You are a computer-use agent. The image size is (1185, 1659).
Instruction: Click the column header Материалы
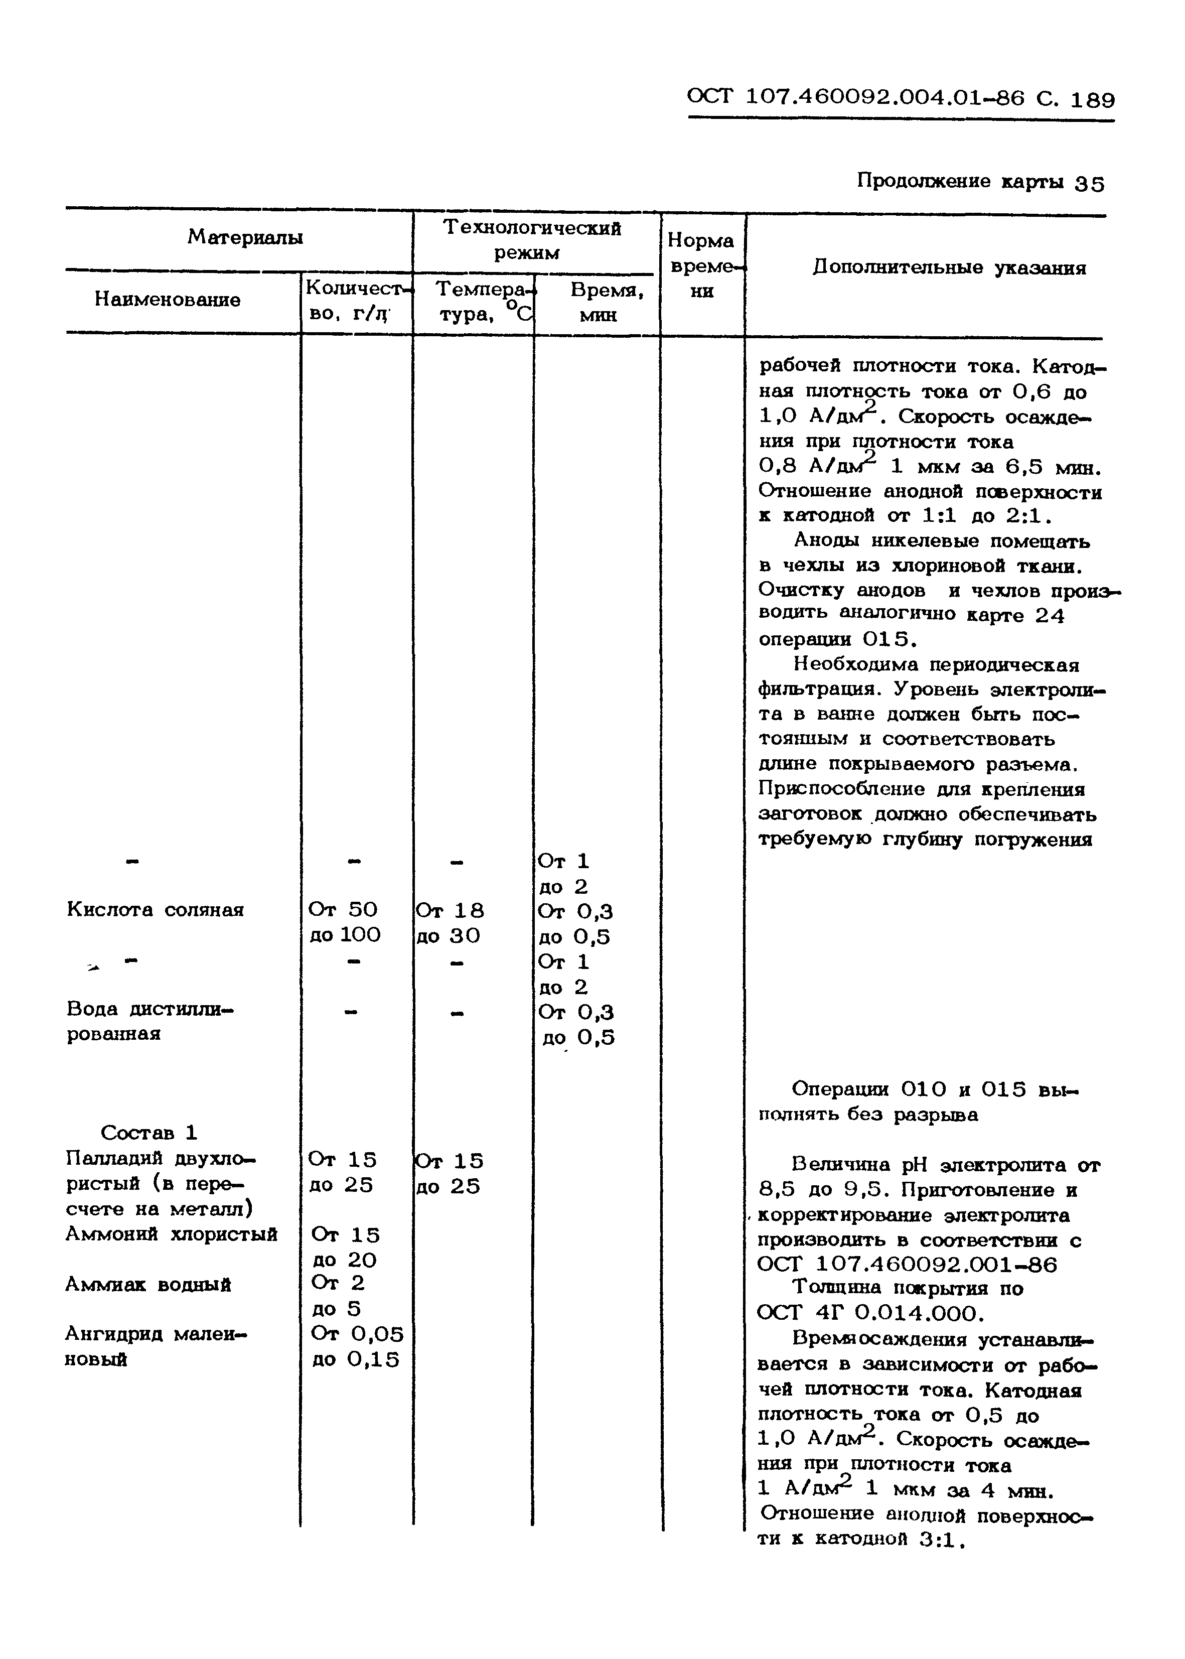click(x=245, y=237)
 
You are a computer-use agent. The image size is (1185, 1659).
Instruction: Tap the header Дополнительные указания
click(x=949, y=268)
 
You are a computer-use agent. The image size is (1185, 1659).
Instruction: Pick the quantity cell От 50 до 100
click(x=344, y=922)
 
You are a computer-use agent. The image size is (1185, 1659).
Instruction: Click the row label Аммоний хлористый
click(x=172, y=1234)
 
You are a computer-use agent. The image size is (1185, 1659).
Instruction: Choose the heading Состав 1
click(x=149, y=1133)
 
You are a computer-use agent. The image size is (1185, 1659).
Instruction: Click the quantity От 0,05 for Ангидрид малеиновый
click(x=357, y=1334)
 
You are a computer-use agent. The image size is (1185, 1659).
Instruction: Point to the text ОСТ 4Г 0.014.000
click(x=870, y=1314)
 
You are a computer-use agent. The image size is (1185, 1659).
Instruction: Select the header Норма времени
click(x=701, y=265)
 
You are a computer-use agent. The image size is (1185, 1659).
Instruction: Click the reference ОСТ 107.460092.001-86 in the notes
click(x=907, y=1264)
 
